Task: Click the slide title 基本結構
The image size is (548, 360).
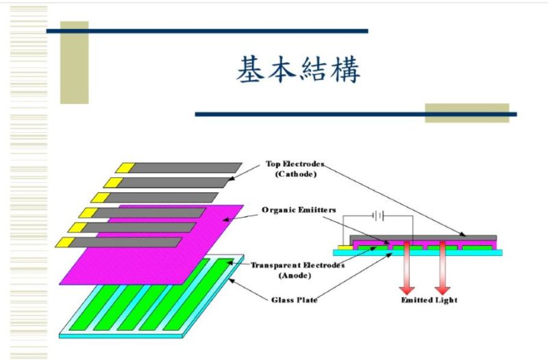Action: (298, 70)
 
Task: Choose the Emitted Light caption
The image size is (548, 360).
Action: (429, 300)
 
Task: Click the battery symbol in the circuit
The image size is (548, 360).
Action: (377, 216)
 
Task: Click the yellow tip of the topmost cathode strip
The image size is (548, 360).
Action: (124, 167)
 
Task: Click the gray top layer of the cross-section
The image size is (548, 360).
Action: (425, 237)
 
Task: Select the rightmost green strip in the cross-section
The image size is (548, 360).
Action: (480, 245)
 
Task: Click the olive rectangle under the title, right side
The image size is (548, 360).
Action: (466, 113)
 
